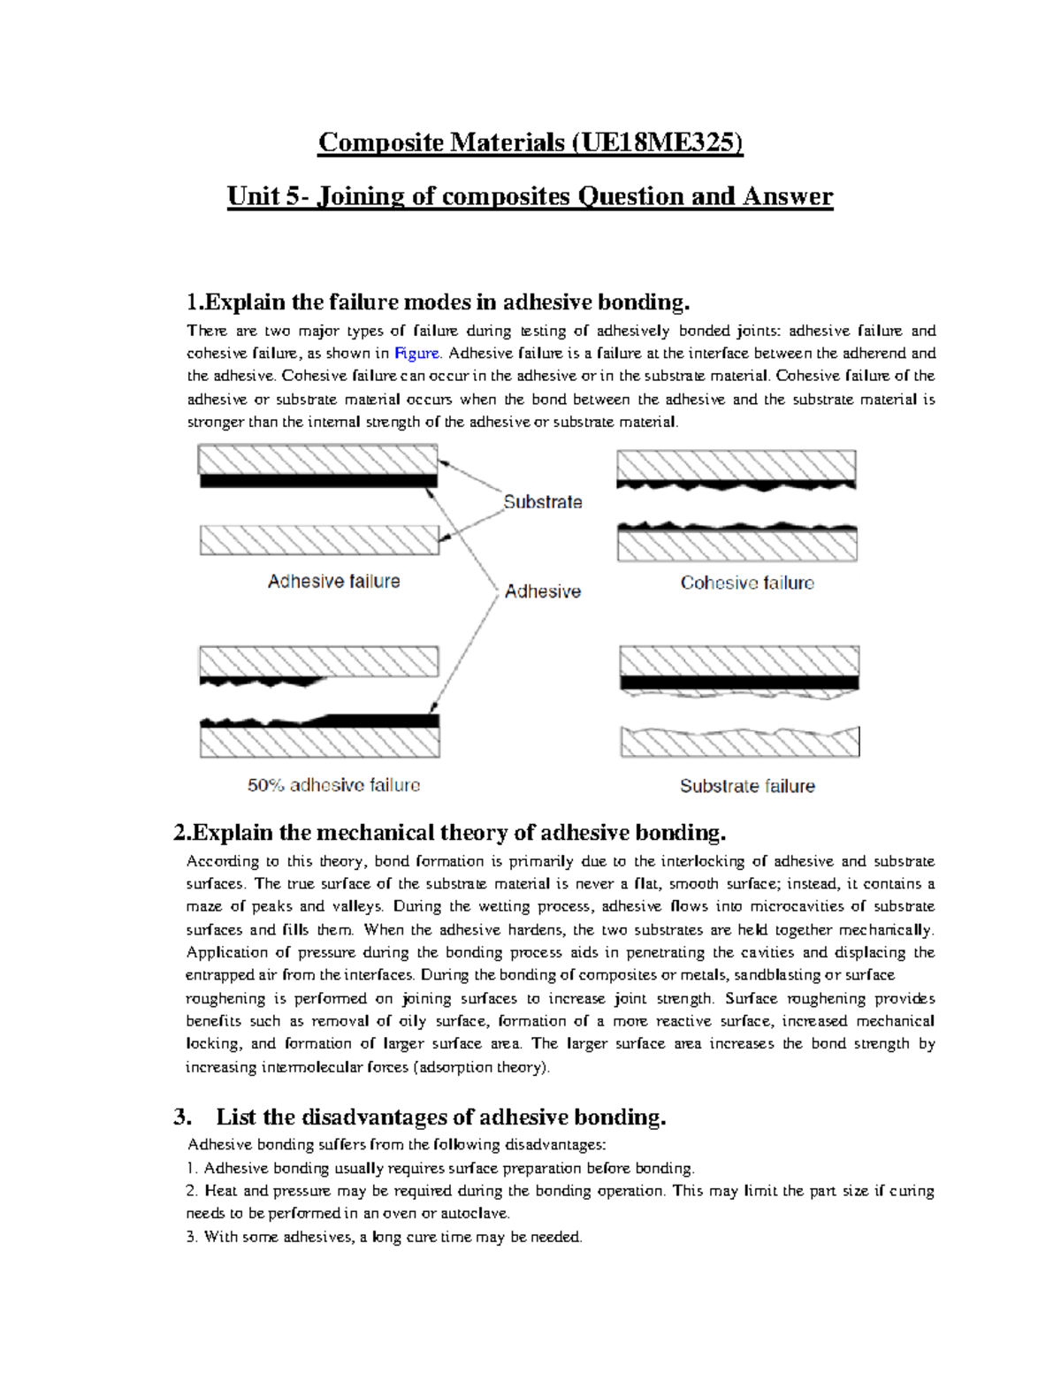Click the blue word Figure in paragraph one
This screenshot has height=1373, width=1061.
point(416,354)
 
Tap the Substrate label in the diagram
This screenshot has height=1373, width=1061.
point(543,502)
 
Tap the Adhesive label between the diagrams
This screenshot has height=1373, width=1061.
point(543,591)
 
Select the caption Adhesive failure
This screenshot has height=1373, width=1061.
point(333,582)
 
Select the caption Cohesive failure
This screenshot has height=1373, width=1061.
point(747,584)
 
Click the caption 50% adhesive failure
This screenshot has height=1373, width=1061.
point(333,785)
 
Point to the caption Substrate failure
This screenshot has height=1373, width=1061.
point(747,786)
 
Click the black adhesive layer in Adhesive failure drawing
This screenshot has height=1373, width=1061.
point(318,481)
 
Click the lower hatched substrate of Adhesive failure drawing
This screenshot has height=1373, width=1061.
point(319,540)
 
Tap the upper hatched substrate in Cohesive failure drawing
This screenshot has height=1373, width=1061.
point(736,465)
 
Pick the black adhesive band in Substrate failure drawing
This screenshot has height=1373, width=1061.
point(739,683)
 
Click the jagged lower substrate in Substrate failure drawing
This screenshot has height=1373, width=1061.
point(739,744)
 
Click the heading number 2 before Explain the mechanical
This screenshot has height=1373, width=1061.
point(179,833)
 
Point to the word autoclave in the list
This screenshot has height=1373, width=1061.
point(478,1214)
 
